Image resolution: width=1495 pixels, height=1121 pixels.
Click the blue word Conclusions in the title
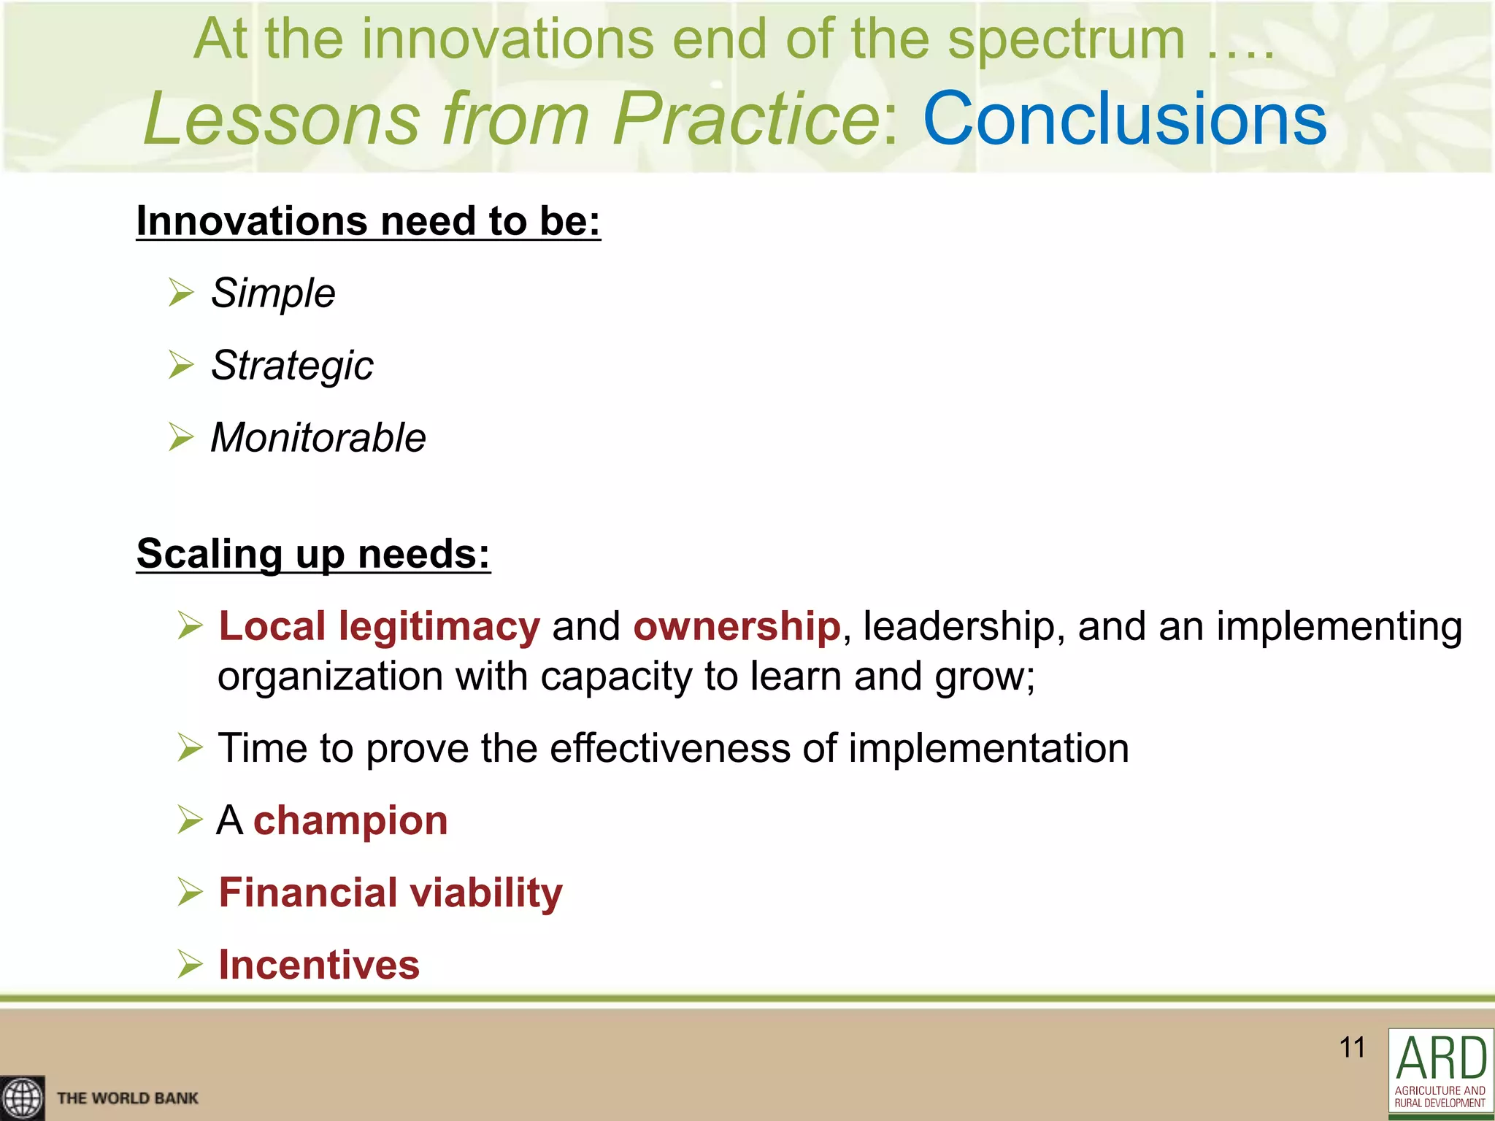click(1124, 118)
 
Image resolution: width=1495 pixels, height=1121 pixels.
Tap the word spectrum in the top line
click(1066, 39)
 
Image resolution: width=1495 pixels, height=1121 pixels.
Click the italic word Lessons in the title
click(282, 118)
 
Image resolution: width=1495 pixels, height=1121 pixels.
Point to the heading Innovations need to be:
click(368, 220)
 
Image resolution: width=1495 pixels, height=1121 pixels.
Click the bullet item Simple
click(273, 293)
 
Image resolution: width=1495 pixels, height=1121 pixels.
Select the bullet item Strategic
click(292, 365)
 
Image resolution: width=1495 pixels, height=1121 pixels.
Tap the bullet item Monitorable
click(318, 438)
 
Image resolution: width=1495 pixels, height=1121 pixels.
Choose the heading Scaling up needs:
click(313, 553)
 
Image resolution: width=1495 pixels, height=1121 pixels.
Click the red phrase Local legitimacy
click(379, 626)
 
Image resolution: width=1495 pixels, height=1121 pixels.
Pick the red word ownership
click(737, 626)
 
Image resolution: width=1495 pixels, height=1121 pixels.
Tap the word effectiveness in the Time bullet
click(669, 748)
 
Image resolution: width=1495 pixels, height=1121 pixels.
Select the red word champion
click(350, 820)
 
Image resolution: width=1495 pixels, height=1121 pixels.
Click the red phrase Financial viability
click(391, 892)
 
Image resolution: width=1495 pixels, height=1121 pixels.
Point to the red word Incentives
click(319, 964)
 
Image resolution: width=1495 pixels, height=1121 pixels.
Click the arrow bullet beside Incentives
click(190, 964)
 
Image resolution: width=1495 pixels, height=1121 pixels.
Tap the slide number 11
click(1352, 1047)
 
